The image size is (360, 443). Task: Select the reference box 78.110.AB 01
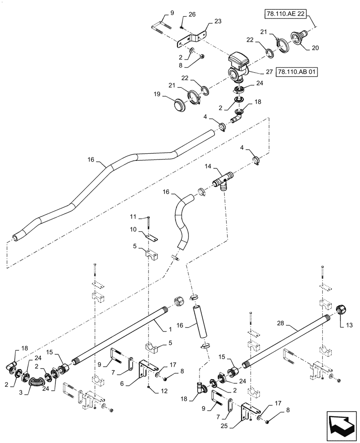[x=297, y=71]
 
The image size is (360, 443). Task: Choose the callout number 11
[x=133, y=217]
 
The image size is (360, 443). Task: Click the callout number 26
[x=192, y=15]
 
